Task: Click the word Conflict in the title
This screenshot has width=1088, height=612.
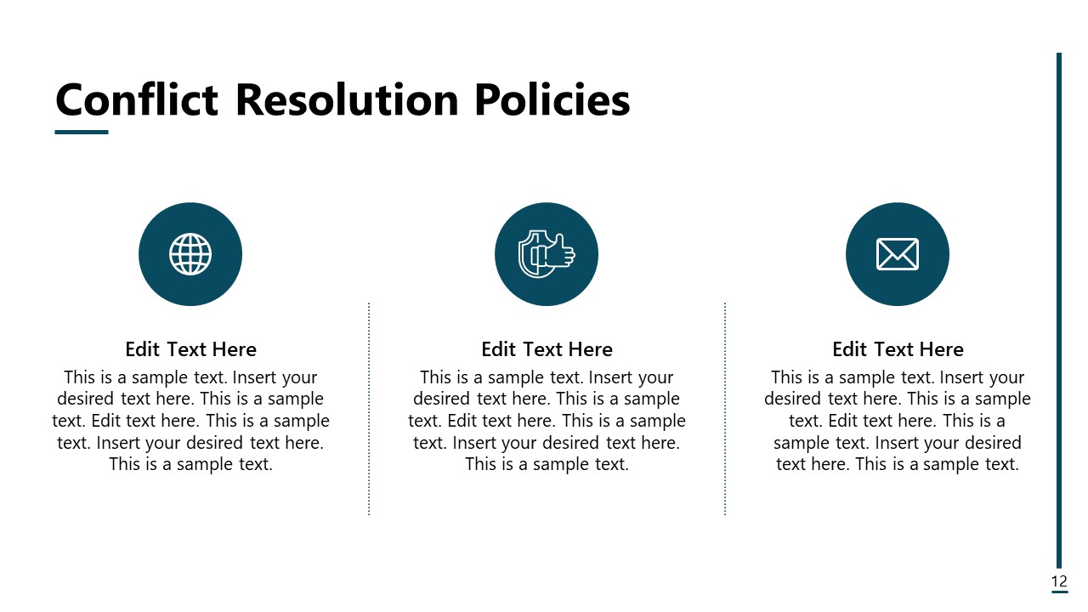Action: click(x=137, y=100)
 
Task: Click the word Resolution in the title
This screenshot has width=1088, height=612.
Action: click(x=346, y=100)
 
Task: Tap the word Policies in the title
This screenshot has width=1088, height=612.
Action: click(x=552, y=100)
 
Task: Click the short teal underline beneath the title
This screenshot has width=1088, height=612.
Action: click(x=82, y=132)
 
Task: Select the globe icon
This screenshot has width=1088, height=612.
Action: click(x=190, y=254)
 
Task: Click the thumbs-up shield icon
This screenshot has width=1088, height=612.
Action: click(x=547, y=254)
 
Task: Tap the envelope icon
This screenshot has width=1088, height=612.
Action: click(x=898, y=254)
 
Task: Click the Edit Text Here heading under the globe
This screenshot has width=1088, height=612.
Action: click(x=190, y=349)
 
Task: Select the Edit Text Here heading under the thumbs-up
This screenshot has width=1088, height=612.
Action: click(x=547, y=349)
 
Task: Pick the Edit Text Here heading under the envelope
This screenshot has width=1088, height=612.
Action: click(x=898, y=349)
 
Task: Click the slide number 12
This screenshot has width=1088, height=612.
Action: click(x=1059, y=581)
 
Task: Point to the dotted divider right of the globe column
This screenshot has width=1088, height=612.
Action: click(x=369, y=408)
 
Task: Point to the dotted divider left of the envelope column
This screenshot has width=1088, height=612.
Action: click(x=725, y=408)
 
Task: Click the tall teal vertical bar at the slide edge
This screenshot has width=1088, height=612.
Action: click(x=1059, y=306)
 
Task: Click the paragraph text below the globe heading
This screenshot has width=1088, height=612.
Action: click(x=190, y=421)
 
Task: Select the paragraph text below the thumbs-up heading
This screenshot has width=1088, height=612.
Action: click(x=547, y=421)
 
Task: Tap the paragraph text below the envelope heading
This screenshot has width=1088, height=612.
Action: click(x=898, y=421)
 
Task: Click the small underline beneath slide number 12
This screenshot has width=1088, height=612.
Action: click(x=1059, y=592)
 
